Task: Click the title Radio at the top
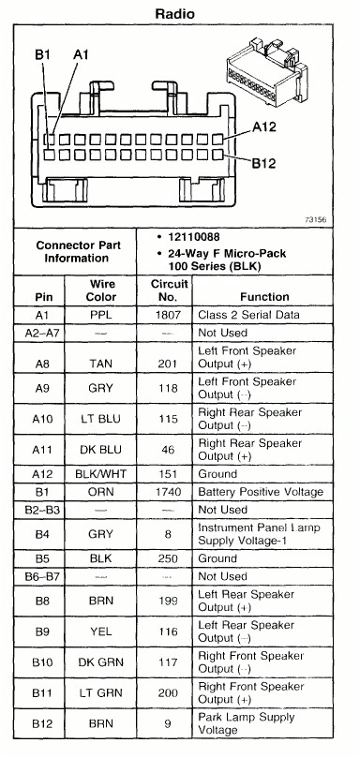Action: [x=180, y=12]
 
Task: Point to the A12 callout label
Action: [x=264, y=128]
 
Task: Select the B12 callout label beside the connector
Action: [x=264, y=162]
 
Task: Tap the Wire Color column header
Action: [x=102, y=290]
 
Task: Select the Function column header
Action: [x=263, y=296]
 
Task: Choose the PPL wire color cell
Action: [x=101, y=315]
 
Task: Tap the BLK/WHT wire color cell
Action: [x=101, y=474]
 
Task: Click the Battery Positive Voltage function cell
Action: [x=260, y=493]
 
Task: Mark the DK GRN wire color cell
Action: [x=101, y=661]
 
